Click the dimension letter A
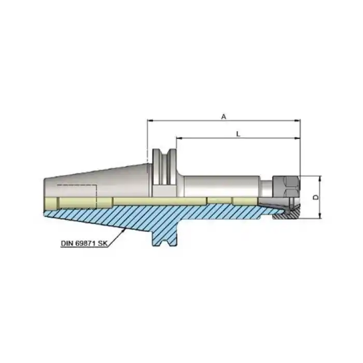tap(224, 117)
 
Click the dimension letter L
tap(238, 134)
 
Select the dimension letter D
tap(315, 197)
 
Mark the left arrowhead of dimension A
tap(150, 120)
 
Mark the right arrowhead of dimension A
tap(298, 120)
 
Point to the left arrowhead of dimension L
tap(178, 138)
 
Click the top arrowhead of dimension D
tap(320, 178)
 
